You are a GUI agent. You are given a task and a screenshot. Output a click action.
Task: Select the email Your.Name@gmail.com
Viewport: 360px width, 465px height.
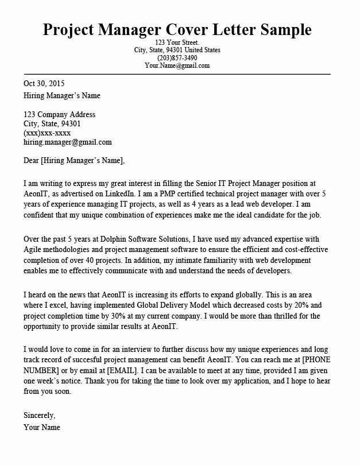point(177,65)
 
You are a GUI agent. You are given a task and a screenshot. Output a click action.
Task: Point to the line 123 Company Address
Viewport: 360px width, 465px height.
point(59,114)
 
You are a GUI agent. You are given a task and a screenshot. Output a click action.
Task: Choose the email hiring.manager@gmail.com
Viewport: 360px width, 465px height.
point(68,142)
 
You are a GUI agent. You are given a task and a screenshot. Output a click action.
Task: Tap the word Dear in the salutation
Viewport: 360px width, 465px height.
point(32,160)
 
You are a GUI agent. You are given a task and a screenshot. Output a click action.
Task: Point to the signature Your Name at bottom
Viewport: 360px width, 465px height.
point(42,427)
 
